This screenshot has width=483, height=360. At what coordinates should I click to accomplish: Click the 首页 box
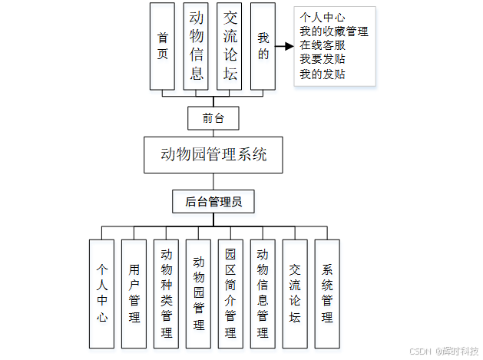point(162,46)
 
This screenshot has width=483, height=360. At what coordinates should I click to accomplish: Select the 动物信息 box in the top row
point(197,46)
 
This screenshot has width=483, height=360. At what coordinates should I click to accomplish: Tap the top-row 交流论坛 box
point(229,46)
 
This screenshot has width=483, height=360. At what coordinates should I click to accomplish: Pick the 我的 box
point(263,46)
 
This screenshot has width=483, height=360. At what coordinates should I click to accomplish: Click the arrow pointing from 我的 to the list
point(285,46)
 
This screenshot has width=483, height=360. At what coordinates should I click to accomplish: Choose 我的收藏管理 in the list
point(333,31)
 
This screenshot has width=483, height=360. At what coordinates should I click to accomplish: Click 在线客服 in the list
point(323,45)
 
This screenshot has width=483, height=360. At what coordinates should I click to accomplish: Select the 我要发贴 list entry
point(323,60)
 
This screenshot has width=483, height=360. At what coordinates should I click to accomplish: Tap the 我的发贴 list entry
point(323,74)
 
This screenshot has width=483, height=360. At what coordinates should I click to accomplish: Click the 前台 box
point(213,118)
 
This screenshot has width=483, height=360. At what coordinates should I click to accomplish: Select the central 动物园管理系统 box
point(213,154)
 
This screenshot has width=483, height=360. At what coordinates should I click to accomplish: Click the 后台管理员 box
point(213,202)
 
